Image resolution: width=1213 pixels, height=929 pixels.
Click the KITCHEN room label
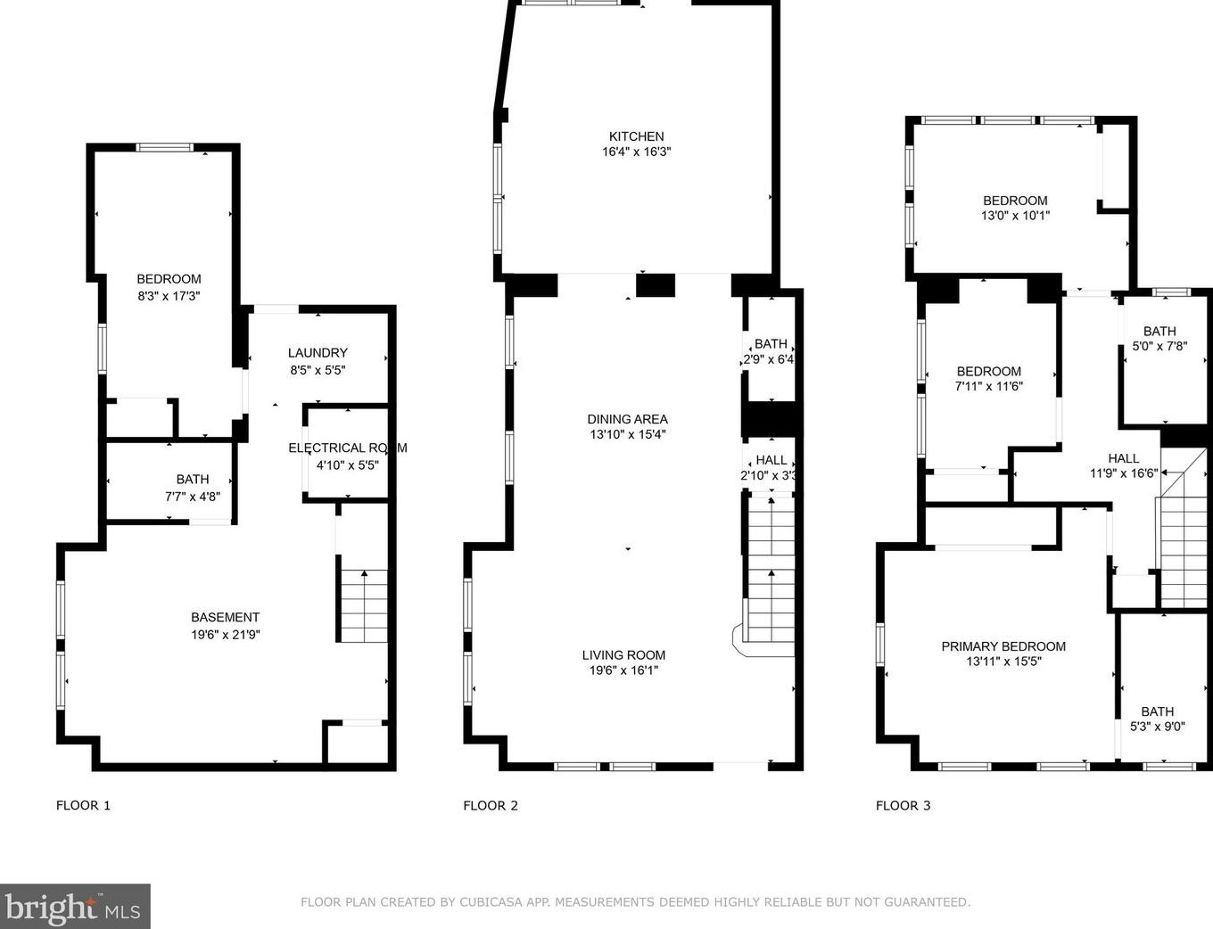pyautogui.click(x=636, y=136)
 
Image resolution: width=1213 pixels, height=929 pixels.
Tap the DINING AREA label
pyautogui.click(x=627, y=419)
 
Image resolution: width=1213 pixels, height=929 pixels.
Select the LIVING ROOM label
pyautogui.click(x=623, y=655)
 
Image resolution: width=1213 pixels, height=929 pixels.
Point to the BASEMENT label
pyautogui.click(x=225, y=617)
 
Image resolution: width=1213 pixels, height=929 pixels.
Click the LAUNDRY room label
pyautogui.click(x=318, y=353)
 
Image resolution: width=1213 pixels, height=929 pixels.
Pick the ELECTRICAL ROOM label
pyautogui.click(x=347, y=448)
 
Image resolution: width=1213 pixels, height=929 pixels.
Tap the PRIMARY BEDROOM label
pyautogui.click(x=1003, y=646)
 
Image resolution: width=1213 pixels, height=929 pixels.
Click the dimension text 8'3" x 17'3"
pyautogui.click(x=169, y=296)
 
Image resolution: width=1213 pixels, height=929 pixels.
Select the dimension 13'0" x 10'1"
pyautogui.click(x=1015, y=216)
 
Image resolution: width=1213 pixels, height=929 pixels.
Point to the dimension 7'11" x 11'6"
pyautogui.click(x=988, y=386)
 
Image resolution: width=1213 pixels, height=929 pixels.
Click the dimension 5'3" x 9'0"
pyautogui.click(x=1157, y=727)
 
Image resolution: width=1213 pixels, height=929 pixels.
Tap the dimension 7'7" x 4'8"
pyautogui.click(x=193, y=496)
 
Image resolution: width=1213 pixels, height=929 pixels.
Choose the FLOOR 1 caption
pyautogui.click(x=83, y=805)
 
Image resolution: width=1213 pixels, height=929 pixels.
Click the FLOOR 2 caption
pyautogui.click(x=491, y=805)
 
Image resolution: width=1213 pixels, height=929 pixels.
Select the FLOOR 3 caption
pyautogui.click(x=903, y=805)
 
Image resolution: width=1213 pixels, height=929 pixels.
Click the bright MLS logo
pyautogui.click(x=75, y=907)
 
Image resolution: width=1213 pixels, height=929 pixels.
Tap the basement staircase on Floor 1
pyautogui.click(x=364, y=606)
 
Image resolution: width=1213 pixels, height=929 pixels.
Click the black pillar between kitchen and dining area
pyautogui.click(x=656, y=285)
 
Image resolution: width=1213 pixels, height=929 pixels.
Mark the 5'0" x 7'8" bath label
pyautogui.click(x=1159, y=346)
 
